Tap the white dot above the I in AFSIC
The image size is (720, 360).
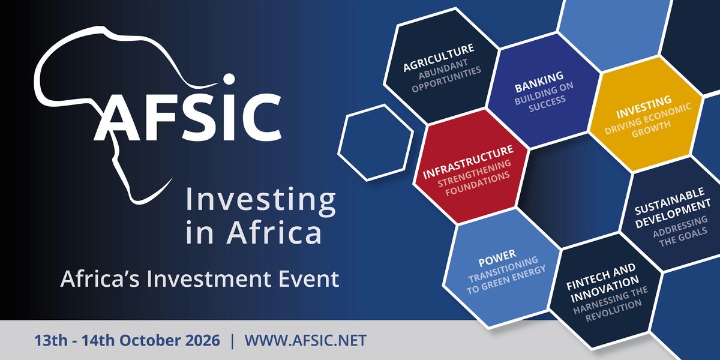229,79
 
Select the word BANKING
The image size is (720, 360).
539,82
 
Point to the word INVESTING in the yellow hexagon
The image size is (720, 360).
644,107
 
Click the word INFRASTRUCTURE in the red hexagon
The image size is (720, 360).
468,162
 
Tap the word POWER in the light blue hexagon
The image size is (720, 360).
497,259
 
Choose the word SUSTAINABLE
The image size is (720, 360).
670,201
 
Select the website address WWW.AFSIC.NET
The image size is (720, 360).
305,340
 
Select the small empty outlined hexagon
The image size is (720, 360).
376,143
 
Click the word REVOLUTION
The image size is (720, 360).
614,311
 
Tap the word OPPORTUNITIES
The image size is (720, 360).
446,79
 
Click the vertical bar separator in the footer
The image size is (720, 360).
232,341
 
